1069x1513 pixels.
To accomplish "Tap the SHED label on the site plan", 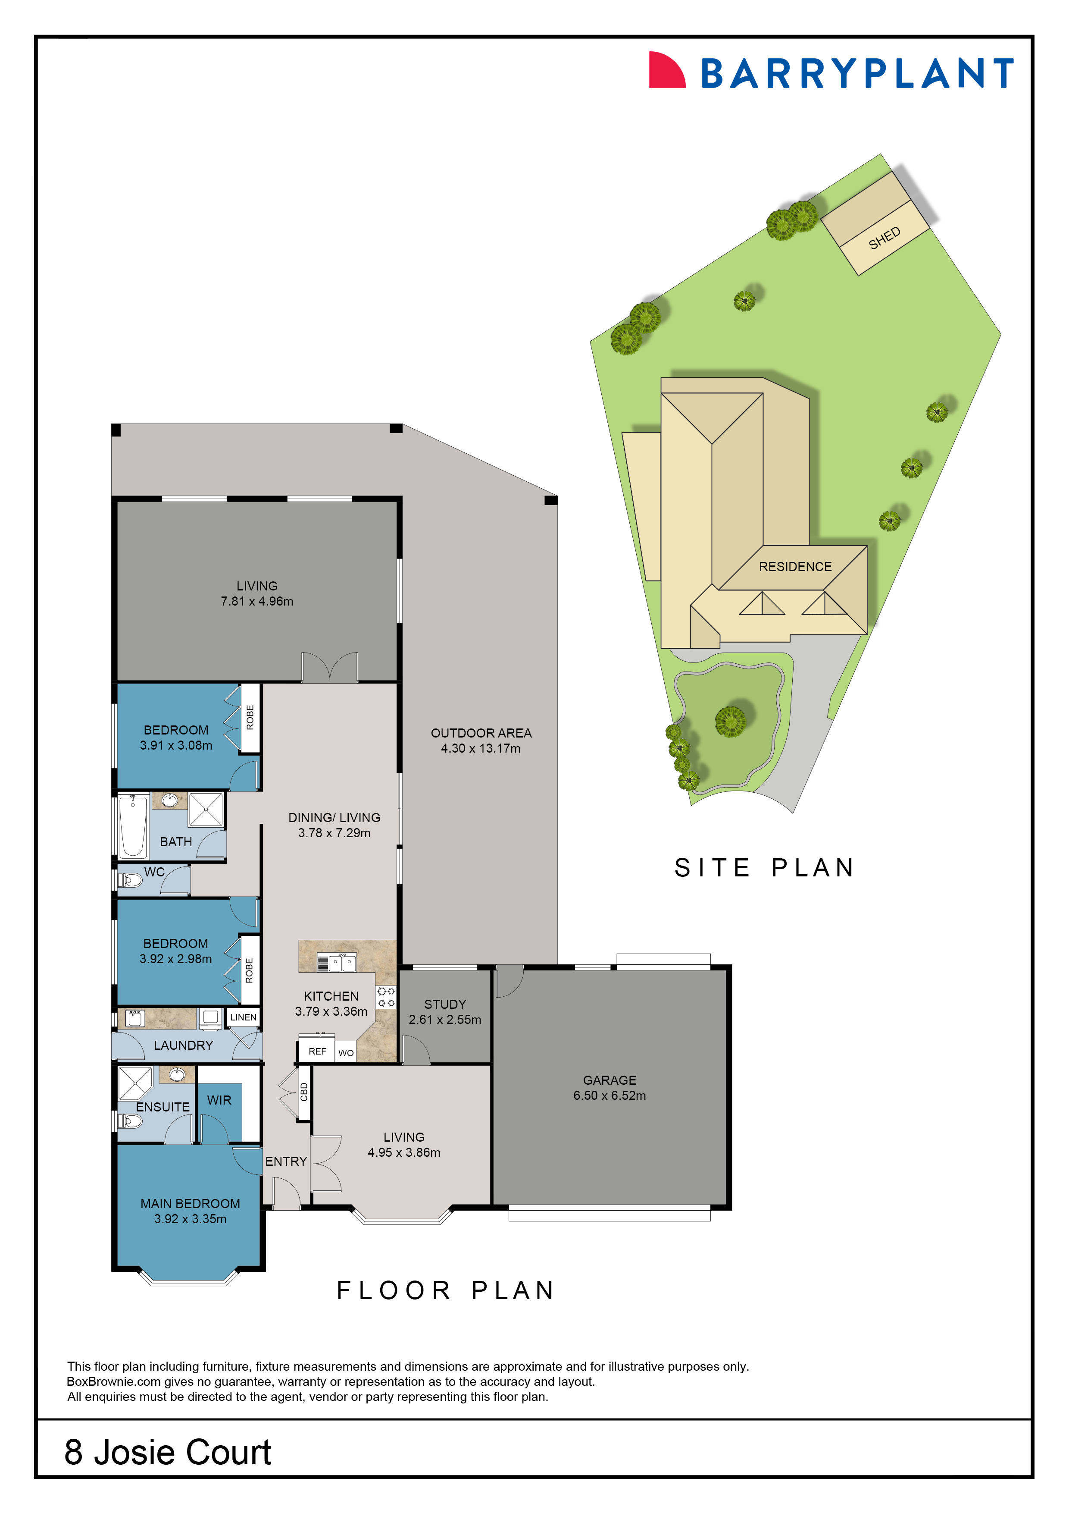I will [x=884, y=239].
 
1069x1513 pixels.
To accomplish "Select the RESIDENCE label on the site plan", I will [x=794, y=567].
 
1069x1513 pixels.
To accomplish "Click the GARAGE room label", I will [x=609, y=1080].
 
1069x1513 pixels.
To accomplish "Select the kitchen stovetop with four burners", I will [x=386, y=997].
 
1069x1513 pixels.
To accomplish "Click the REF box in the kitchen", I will [x=318, y=1051].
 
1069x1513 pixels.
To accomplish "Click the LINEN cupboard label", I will [x=243, y=1017].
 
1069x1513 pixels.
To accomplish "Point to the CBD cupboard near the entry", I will [x=303, y=1092].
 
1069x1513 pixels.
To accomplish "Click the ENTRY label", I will [x=286, y=1161].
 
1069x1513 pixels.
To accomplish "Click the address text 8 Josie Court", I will [x=167, y=1452].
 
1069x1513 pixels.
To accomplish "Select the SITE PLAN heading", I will [x=764, y=868].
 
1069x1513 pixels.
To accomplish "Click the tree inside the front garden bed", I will [x=731, y=720].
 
